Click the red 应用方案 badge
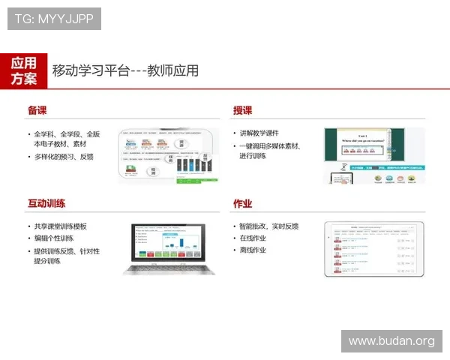coord(24,70)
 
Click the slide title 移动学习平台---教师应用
coord(125,71)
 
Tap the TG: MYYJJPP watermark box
coord(54,19)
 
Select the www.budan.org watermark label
coord(391,341)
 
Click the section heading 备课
coord(37,110)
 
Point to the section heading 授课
coord(242,110)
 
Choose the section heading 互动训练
coord(46,203)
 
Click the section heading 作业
coord(242,203)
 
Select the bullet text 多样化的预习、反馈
coord(64,157)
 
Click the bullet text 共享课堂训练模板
coord(61,226)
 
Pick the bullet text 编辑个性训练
coord(54,238)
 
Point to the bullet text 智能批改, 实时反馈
coord(269,226)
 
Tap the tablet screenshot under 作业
coord(373,248)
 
